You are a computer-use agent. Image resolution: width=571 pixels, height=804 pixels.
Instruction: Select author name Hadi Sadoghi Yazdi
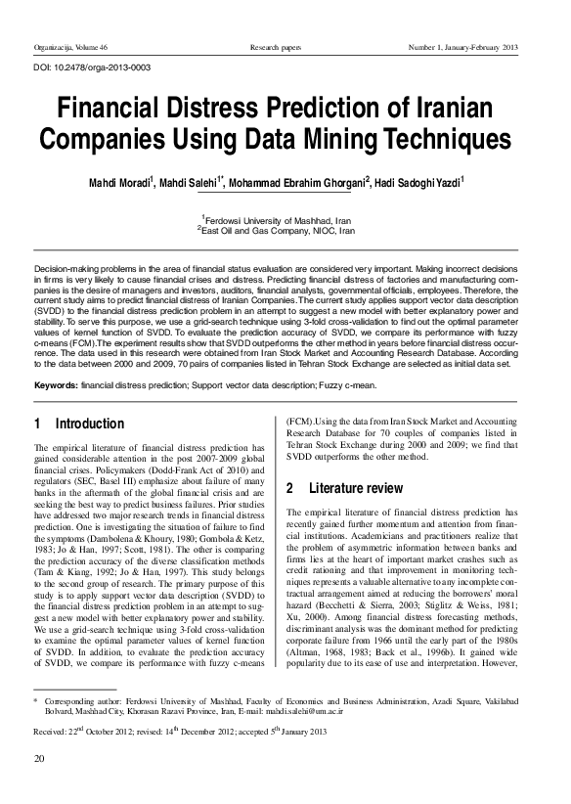tap(473, 183)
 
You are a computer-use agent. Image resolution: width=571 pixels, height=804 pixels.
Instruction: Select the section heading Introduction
tap(89, 424)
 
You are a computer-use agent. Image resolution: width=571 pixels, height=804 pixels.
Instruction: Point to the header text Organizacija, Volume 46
tap(70, 47)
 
